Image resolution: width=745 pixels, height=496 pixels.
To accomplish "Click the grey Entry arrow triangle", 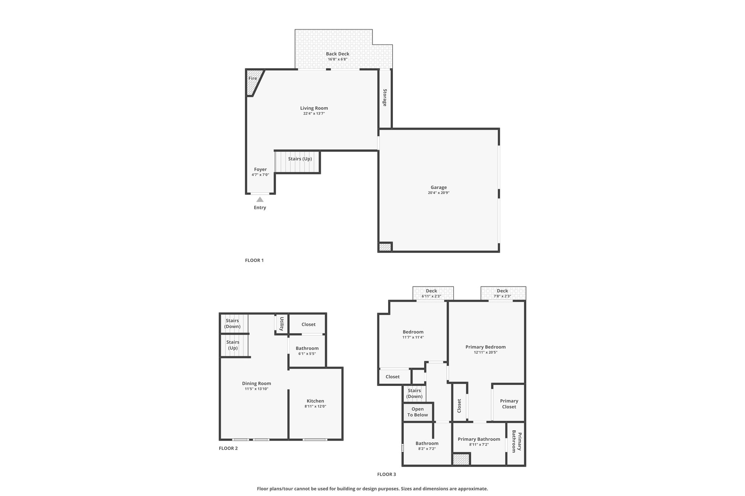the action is pos(260,199).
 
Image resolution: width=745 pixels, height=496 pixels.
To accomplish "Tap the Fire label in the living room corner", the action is pos(252,78).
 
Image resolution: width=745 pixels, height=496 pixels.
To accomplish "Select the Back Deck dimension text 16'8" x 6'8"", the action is pos(338,59).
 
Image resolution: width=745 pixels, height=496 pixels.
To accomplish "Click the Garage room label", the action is pos(439,187).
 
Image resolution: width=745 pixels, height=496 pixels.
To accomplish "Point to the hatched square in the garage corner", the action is pos(385,247).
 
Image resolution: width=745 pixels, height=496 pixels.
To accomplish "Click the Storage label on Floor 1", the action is pos(385,97).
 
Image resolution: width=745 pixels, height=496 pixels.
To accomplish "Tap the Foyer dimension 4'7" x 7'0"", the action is pos(260,175).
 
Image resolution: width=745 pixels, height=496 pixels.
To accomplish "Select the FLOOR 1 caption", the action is pos(254,260).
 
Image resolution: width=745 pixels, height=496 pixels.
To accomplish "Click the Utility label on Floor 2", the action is pos(282,324).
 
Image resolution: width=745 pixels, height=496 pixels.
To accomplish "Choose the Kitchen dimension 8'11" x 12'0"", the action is pos(315,407).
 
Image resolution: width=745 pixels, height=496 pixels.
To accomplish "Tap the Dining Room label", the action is pos(256,383).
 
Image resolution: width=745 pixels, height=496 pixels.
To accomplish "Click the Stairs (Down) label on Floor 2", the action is pos(232,323).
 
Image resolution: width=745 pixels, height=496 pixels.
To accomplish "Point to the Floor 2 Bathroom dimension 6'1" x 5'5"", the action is pos(307,354).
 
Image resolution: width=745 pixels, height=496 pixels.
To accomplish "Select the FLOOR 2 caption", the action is pos(228,448).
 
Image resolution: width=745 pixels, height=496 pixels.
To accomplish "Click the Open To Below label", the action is pos(418,412).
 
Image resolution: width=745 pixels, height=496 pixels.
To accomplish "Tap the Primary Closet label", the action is pos(509,404).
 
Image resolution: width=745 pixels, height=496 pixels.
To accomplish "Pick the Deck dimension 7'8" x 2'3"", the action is pos(502,296).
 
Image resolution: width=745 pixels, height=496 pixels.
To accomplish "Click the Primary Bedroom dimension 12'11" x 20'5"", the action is pos(486,352).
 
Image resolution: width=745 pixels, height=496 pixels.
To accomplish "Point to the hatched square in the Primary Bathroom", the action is pos(461,459).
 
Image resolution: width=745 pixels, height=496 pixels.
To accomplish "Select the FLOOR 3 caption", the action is pos(386,474).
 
